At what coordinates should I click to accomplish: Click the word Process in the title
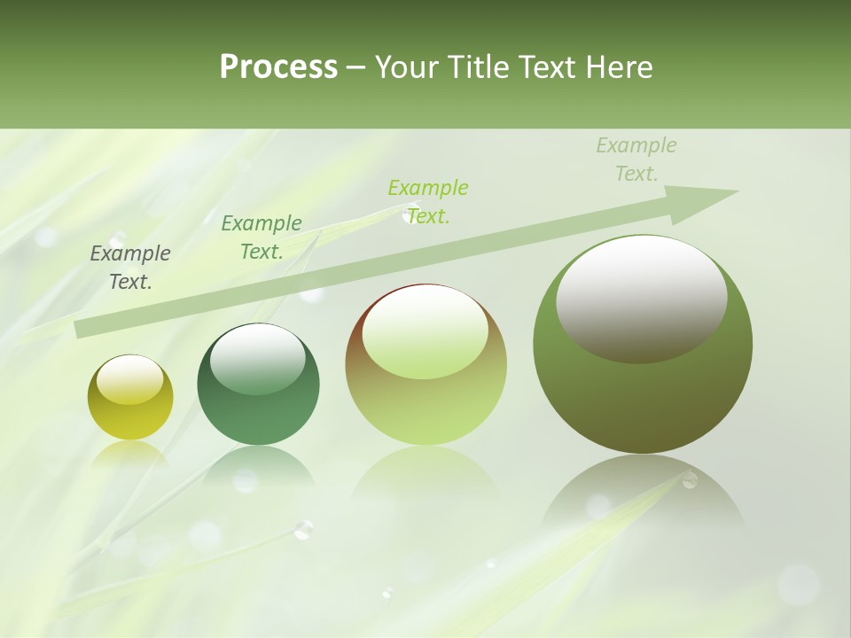pyautogui.click(x=278, y=67)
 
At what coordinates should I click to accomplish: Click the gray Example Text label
pyautogui.click(x=130, y=268)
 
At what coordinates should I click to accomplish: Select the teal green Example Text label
pyautogui.click(x=262, y=237)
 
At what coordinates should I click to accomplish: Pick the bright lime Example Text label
pyautogui.click(x=428, y=202)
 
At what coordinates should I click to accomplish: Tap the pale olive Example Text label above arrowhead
pyautogui.click(x=636, y=159)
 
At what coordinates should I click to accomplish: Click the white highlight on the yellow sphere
pyautogui.click(x=130, y=379)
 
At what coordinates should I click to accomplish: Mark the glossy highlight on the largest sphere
pyautogui.click(x=642, y=299)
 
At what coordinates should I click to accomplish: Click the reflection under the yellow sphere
pyautogui.click(x=130, y=454)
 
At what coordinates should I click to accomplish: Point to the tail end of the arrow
pyautogui.click(x=80, y=329)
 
